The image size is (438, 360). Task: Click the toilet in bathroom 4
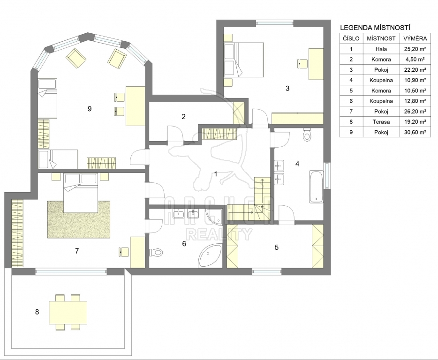307,135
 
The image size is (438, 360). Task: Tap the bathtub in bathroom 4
316,187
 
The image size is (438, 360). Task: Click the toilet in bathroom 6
156,253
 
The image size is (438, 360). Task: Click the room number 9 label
90,109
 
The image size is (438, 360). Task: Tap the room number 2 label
183,116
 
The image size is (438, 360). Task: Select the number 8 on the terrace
37,312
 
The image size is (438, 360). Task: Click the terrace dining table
68,312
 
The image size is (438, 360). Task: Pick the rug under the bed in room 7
79,219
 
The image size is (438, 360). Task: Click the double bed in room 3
244,60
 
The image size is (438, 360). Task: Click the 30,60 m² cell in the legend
415,132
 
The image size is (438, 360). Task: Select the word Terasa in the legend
381,122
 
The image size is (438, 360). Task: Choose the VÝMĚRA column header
415,38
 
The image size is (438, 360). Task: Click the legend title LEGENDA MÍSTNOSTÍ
375,28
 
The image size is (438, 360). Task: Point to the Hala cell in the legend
381,49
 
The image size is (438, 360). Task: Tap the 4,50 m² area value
415,59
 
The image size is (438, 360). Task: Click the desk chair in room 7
124,251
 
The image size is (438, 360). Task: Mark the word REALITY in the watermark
219,234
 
